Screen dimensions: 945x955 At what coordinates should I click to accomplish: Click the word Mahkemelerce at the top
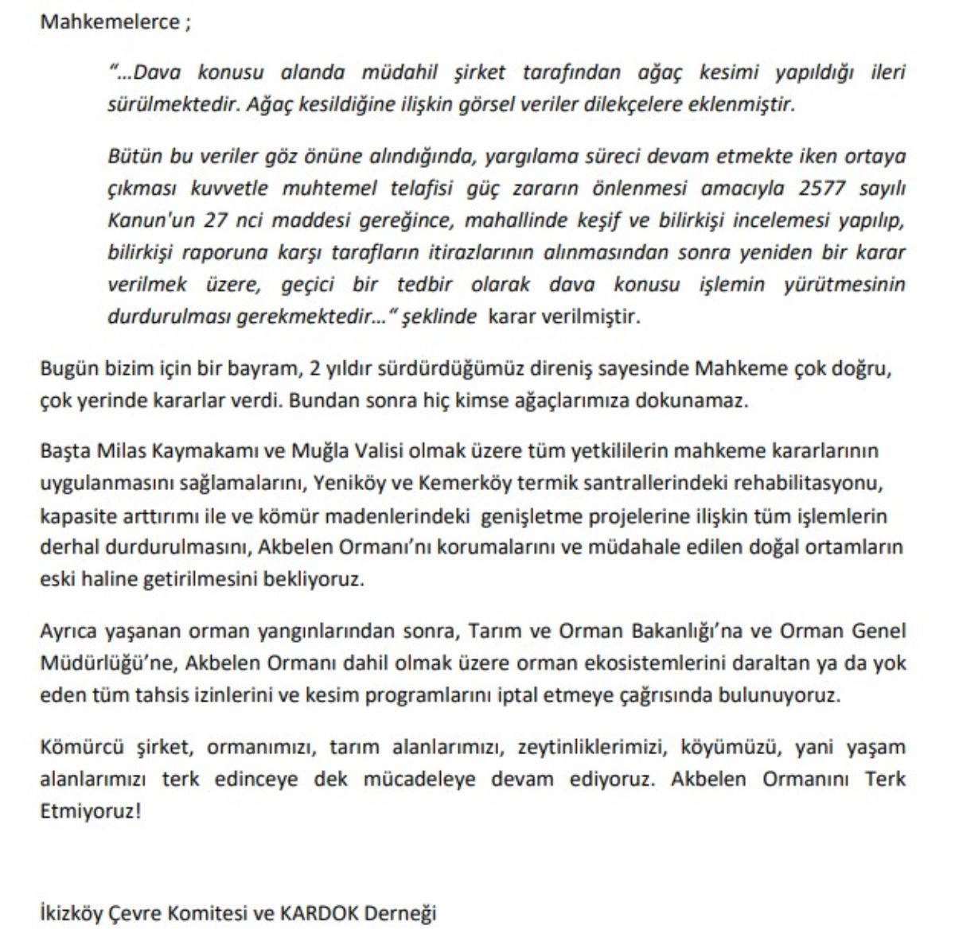(108, 21)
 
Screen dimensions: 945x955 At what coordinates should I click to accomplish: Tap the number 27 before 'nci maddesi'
(214, 220)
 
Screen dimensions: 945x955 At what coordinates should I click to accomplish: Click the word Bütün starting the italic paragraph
(133, 157)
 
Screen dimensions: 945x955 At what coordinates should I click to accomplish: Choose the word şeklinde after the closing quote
(438, 317)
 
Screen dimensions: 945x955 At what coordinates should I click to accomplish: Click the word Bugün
(69, 369)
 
